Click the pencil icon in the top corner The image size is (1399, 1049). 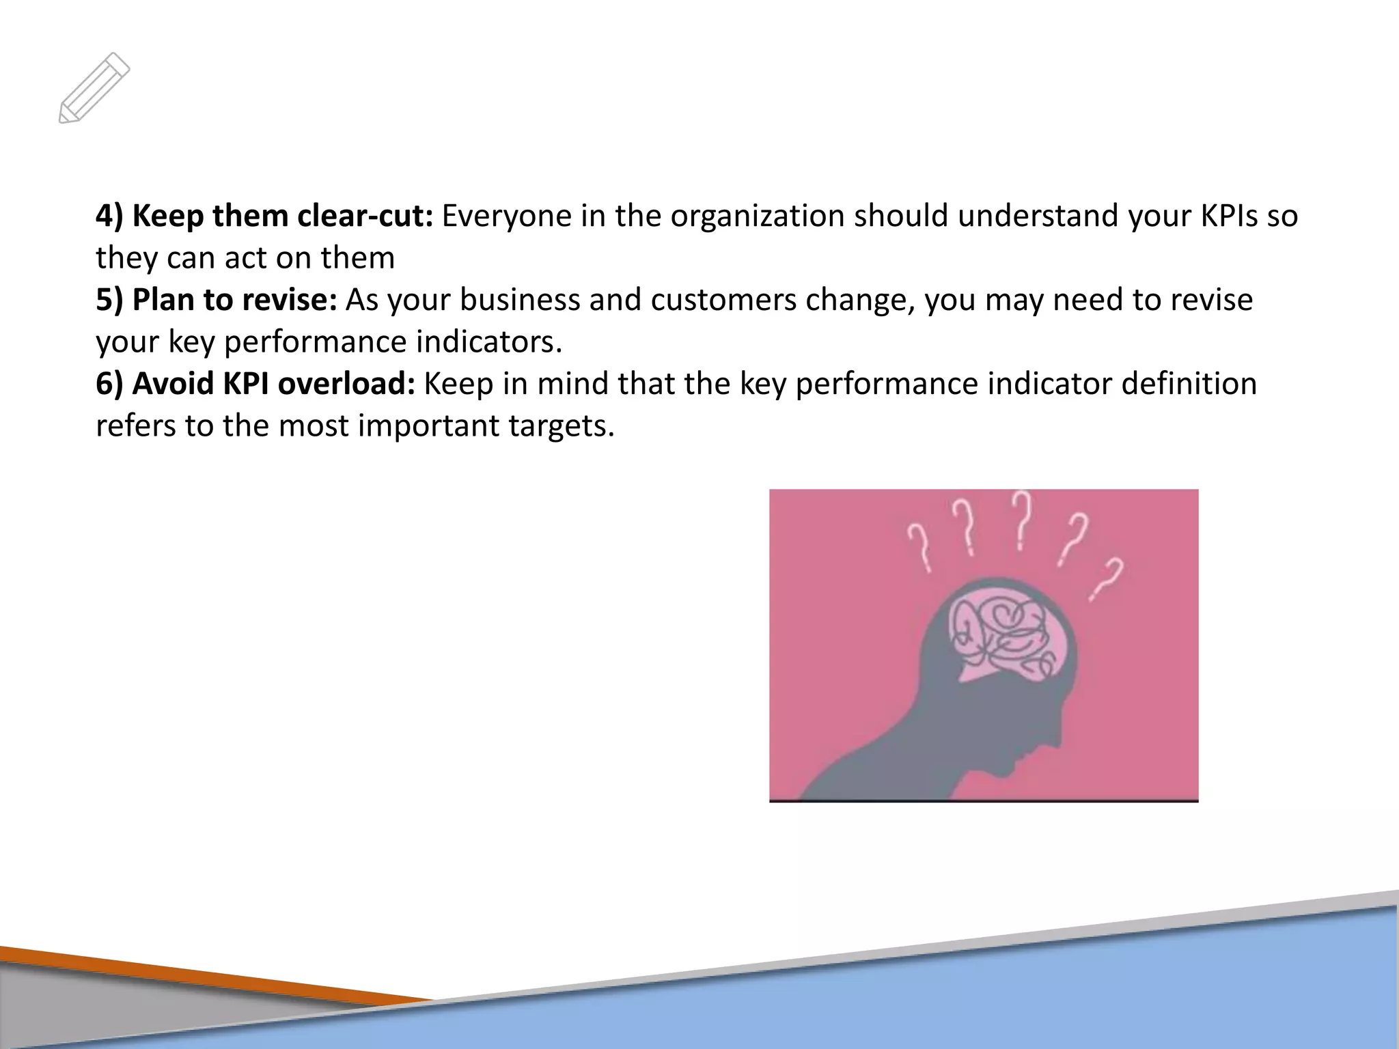[94, 88]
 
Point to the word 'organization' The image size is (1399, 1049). [758, 216]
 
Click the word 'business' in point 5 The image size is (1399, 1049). [519, 300]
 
